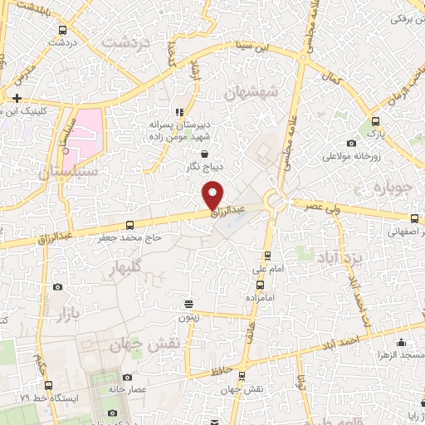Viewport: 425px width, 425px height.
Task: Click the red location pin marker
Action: (214, 194)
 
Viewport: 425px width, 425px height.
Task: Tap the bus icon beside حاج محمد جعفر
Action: (129, 225)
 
